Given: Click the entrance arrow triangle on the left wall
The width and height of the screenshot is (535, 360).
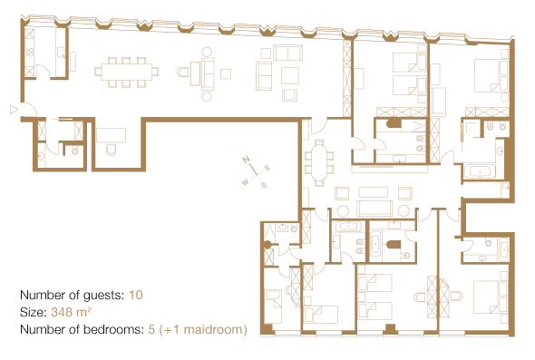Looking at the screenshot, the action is click(14, 110).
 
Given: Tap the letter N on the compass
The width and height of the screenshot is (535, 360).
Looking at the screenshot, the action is click(247, 160).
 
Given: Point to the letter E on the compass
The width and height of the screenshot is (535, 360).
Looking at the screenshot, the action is click(267, 168).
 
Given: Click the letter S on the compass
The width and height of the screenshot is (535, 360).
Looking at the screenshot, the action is click(264, 185).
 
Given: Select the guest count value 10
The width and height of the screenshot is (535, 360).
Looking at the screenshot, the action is click(136, 295).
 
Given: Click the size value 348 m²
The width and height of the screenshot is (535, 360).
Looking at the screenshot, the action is click(71, 312).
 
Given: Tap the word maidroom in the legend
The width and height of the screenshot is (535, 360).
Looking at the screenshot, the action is click(211, 329).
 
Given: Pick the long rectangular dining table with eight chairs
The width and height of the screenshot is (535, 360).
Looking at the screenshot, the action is click(127, 72).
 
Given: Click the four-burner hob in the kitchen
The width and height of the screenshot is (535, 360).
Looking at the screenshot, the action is click(29, 53).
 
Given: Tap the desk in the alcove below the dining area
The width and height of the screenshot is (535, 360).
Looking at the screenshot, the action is click(111, 135).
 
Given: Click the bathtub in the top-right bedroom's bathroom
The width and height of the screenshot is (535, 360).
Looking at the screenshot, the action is click(480, 171).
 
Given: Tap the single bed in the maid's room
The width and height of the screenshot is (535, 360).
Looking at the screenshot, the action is click(273, 306).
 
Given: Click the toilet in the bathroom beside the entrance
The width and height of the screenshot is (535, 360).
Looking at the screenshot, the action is click(75, 151).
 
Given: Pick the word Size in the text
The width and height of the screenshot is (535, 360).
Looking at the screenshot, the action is click(33, 312).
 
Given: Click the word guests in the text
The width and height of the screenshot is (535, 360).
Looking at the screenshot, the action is click(104, 296).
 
